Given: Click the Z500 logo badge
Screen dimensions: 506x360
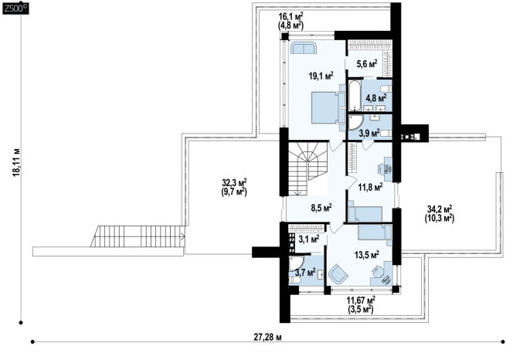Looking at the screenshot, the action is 15,8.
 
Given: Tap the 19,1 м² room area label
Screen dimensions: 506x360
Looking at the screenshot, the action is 321,76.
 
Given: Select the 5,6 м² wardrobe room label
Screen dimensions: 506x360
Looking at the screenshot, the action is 367,63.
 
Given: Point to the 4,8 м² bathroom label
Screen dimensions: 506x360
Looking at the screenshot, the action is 376,98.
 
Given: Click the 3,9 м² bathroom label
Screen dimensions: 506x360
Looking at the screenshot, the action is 369,133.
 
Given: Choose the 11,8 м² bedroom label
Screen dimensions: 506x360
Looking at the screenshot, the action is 371,186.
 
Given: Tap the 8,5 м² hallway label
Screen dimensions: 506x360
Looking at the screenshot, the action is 321,207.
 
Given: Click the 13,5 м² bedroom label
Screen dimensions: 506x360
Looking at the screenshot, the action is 367,255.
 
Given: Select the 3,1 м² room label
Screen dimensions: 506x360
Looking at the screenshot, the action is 309,239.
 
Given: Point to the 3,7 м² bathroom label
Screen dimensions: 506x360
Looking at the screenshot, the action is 305,272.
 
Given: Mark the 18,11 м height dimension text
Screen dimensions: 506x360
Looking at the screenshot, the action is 16,162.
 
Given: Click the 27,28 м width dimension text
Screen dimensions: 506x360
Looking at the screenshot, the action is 267,338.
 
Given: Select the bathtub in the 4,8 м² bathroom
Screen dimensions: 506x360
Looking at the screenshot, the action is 354,96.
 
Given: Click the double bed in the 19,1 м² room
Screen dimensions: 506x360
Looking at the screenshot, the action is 325,107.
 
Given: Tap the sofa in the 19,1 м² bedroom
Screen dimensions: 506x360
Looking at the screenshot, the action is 304,48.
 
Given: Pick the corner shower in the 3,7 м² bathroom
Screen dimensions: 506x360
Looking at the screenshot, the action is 296,263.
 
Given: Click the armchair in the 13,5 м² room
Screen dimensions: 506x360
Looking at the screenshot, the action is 338,273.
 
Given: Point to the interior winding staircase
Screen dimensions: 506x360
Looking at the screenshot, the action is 307,168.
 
